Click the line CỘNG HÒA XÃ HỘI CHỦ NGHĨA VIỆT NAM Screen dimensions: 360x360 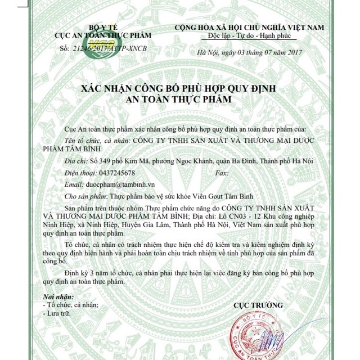coord(250,27)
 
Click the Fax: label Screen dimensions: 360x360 coord(222,172)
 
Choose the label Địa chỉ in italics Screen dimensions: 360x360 coord(75,161)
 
